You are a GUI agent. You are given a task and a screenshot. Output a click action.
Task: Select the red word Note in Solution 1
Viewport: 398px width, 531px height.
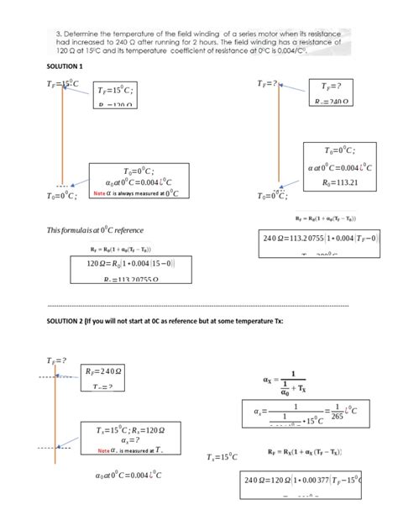coord(99,193)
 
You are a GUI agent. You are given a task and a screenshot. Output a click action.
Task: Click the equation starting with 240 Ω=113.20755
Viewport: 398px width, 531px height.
coord(310,238)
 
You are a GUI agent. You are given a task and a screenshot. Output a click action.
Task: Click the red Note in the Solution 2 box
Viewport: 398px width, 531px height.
coord(103,450)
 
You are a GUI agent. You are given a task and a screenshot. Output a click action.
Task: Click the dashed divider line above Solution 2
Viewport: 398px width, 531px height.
coord(198,305)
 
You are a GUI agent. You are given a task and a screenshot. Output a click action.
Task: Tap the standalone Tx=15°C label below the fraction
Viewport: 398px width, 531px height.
coord(223,457)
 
